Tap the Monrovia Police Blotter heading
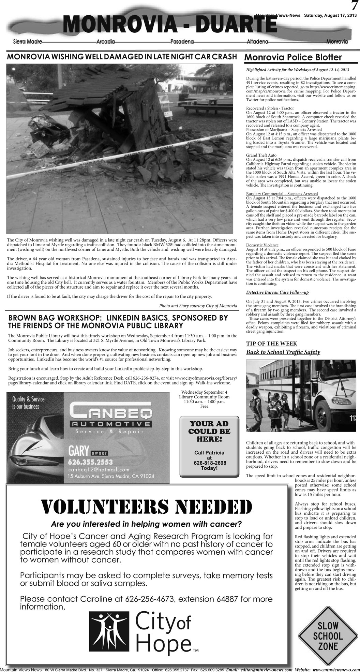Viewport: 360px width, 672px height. (293, 57)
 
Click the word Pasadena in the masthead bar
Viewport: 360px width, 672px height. (182, 42)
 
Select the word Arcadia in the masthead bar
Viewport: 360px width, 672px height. (106, 42)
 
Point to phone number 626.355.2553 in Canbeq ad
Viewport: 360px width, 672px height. (90, 462)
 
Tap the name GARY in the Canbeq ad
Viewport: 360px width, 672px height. (78, 451)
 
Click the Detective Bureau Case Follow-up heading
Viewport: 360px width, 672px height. (277, 292)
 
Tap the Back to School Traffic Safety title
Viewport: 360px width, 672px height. (283, 352)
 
